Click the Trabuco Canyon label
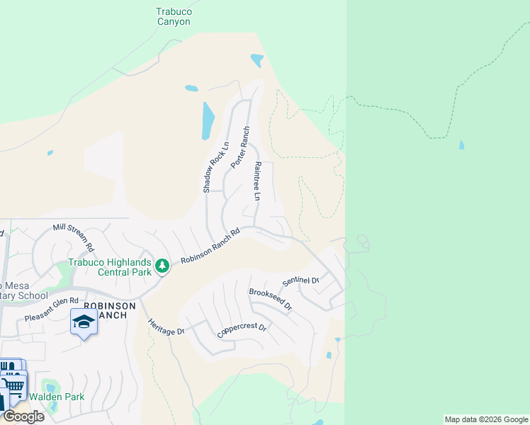174,16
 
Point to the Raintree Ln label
257,181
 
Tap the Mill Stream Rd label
74,237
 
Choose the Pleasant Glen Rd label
51,310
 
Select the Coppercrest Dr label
242,329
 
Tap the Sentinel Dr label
301,280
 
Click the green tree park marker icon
163,266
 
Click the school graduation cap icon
84,322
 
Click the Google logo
23,416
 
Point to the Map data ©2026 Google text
486,419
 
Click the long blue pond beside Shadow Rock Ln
208,120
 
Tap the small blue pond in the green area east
462,145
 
